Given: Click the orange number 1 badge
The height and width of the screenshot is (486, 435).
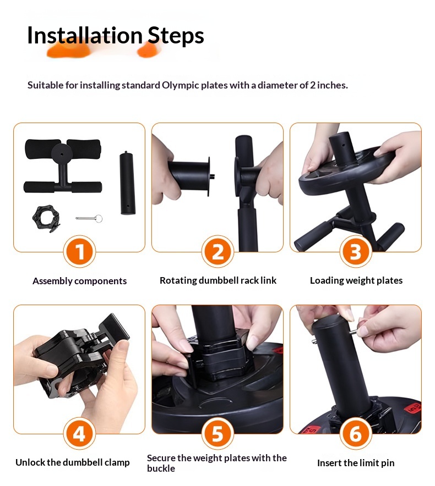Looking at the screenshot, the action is (79, 251).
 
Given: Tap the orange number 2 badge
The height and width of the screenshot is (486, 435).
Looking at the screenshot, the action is (218, 251).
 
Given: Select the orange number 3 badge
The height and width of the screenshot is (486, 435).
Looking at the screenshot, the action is (356, 251).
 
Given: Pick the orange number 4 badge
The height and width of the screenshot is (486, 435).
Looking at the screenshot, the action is (79, 433).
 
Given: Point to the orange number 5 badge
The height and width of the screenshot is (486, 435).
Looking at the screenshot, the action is (218, 433).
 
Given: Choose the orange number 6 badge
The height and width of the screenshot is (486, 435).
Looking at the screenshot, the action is (356, 433).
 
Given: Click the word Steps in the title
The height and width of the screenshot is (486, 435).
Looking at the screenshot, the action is (176, 36).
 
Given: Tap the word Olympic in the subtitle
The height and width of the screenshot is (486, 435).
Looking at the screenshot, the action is (181, 86).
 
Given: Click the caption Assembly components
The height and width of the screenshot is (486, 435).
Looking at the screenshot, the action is (79, 281).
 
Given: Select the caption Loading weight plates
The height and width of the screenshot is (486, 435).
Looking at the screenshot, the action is (356, 280).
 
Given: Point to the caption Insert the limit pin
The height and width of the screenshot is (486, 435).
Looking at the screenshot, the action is (356, 463).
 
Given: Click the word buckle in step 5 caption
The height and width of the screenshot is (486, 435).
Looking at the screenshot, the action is (161, 468).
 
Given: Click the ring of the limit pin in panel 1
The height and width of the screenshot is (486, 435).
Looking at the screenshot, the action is (99, 219).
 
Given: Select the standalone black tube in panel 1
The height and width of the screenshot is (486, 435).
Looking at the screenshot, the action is (128, 183).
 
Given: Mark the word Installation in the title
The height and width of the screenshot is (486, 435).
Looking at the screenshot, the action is (85, 35).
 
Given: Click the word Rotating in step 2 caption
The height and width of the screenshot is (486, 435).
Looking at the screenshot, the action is (178, 280).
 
